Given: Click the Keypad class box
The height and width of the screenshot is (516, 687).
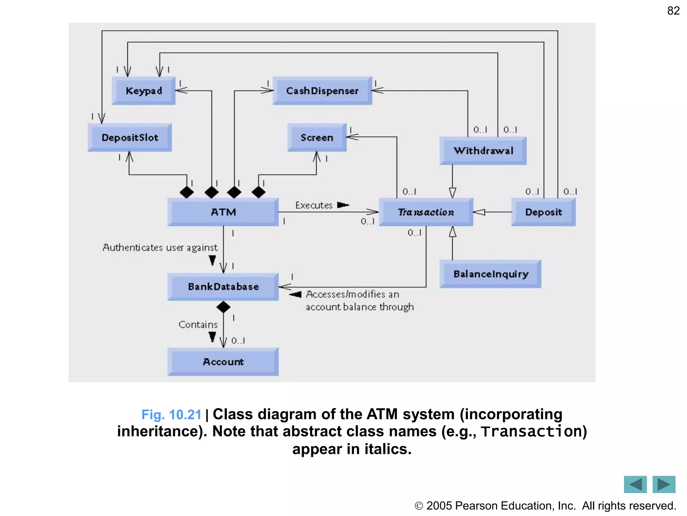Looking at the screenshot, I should click(144, 91).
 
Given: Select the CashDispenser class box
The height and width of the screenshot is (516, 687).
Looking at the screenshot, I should click(322, 91).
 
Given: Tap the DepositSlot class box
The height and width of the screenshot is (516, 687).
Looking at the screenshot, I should click(130, 137).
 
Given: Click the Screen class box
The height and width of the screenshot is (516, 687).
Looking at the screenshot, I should click(317, 137).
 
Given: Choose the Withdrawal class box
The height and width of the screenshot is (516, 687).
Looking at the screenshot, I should click(483, 150).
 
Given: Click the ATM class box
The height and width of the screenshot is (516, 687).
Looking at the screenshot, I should click(223, 212).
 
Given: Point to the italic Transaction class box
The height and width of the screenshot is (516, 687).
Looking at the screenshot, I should click(426, 212).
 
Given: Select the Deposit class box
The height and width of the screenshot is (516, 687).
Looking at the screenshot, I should click(543, 212).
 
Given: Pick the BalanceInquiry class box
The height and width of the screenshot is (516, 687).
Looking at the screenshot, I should click(490, 274).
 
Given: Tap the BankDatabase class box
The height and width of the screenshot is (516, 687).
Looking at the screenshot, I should click(223, 287).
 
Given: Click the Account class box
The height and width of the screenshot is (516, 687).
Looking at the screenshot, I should click(223, 362).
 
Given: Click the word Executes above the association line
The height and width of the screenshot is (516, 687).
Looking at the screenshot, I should click(314, 205).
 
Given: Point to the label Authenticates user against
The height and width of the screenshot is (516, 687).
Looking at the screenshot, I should click(160, 248).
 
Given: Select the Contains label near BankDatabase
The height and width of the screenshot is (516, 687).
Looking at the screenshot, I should click(198, 325).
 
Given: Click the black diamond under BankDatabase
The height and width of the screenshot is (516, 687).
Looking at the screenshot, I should click(223, 307).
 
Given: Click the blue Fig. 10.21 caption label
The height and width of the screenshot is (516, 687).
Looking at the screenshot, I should click(171, 415).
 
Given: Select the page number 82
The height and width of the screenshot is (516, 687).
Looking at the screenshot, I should click(673, 11).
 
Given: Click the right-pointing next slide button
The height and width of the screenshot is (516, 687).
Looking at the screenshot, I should click(664, 484).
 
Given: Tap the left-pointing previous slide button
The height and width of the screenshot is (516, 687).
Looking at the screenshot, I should click(635, 484).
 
